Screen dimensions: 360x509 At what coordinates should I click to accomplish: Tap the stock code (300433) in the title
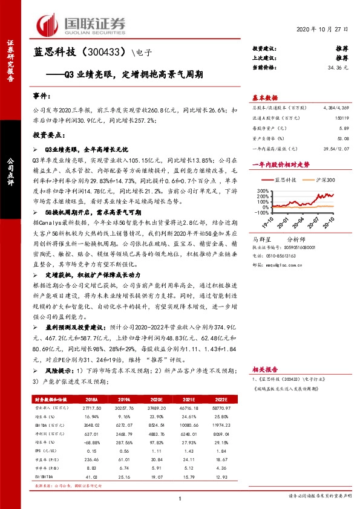[x=110, y=53]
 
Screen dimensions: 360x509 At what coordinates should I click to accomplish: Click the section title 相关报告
[x=264, y=368]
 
